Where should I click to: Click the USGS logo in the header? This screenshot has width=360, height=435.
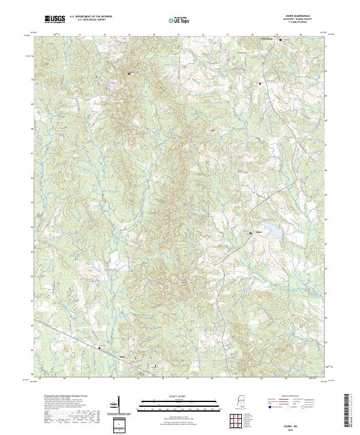[55, 19]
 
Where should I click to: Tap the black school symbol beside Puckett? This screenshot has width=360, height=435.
[251, 232]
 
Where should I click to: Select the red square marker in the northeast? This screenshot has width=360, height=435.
[260, 83]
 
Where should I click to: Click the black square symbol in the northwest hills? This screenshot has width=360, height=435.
[129, 73]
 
